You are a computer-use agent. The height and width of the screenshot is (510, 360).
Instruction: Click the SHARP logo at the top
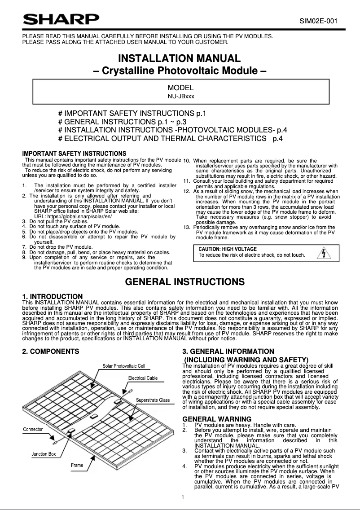pyautogui.click(x=61, y=20)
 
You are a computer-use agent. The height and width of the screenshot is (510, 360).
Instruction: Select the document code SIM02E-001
pyautogui.click(x=318, y=21)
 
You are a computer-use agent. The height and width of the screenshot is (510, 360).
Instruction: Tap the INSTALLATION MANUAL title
pyautogui.click(x=180, y=59)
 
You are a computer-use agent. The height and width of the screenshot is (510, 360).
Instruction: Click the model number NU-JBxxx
pyautogui.click(x=180, y=96)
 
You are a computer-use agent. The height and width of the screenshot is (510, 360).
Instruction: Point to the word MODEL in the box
pyautogui.click(x=180, y=88)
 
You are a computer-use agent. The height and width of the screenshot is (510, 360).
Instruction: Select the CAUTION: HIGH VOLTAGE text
pyautogui.click(x=228, y=249)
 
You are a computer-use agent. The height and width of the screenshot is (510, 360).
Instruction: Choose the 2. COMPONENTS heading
pyautogui.click(x=51, y=351)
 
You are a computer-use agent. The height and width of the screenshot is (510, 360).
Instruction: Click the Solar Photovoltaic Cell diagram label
pyautogui.click(x=124, y=366)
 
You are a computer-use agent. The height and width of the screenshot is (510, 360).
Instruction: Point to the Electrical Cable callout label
pyautogui.click(x=143, y=378)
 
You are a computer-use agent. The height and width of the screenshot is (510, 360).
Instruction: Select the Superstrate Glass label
pyautogui.click(x=153, y=400)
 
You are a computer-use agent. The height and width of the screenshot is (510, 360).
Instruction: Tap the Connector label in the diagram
pyautogui.click(x=33, y=429)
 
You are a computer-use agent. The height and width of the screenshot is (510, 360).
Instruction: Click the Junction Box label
pyautogui.click(x=44, y=454)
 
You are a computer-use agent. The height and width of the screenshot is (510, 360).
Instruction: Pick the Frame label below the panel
pyautogui.click(x=77, y=465)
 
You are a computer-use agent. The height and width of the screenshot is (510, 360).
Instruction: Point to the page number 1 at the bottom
pyautogui.click(x=183, y=497)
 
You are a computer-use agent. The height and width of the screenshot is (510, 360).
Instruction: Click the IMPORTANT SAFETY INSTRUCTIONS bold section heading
pyautogui.click(x=74, y=154)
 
